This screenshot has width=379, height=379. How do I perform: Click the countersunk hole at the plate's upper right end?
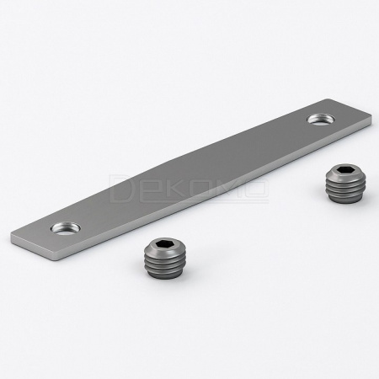(320, 119)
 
